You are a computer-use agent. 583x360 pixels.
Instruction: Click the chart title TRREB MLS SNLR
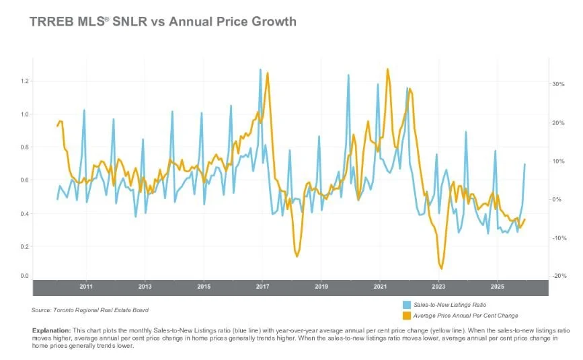tap(163, 22)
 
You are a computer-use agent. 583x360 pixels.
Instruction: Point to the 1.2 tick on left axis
tap(26, 81)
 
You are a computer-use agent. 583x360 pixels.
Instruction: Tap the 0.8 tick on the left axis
tap(26, 147)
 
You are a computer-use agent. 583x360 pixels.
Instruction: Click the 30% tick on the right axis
tap(557, 84)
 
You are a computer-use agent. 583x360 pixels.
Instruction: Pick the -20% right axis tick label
tap(557, 276)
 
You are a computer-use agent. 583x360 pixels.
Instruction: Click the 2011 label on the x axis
tap(86, 287)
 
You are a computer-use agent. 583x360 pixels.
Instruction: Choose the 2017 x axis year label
tap(262, 287)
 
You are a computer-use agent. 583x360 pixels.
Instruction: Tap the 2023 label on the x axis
tap(438, 287)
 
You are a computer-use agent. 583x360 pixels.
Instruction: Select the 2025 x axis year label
tap(497, 287)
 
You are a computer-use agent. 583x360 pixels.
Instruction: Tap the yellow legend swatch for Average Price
tap(406, 315)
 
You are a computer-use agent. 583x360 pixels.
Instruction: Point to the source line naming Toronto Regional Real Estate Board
tap(90, 310)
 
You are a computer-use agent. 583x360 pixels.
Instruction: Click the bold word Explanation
tap(51, 331)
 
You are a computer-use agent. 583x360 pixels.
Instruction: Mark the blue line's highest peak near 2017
tap(260, 69)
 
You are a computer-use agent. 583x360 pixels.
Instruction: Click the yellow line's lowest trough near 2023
tap(442, 268)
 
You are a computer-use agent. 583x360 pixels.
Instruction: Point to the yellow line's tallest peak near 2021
tap(387, 69)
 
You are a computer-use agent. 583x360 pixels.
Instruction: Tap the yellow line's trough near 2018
tap(297, 256)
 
